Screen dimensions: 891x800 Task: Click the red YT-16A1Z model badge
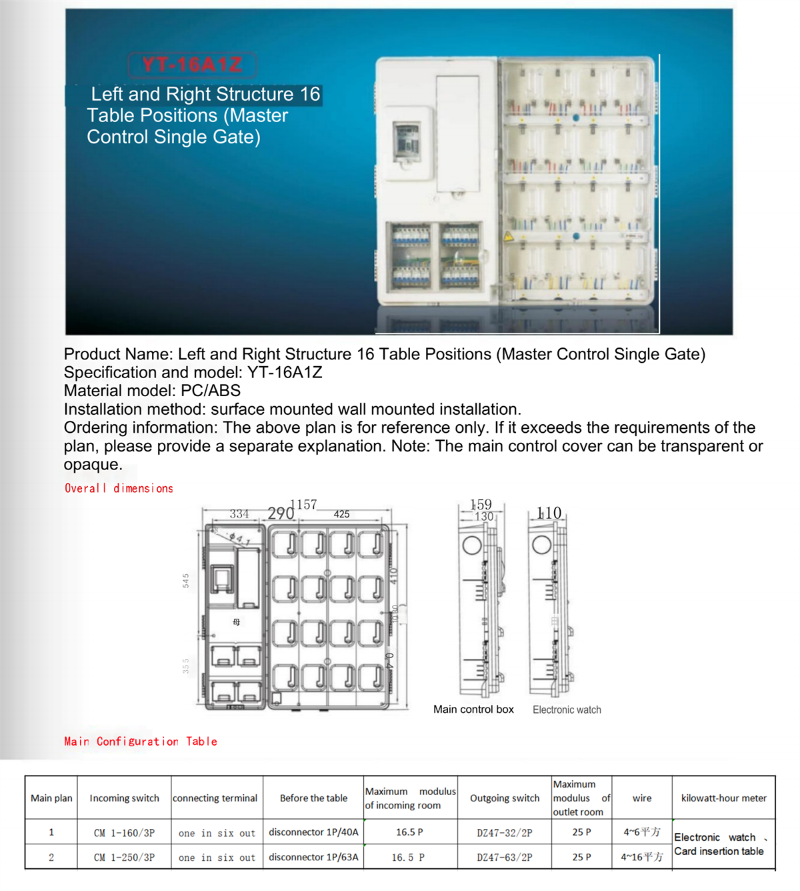coord(192,65)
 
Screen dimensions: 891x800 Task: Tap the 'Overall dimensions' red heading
coord(119,488)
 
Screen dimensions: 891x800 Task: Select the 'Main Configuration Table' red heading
coord(141,741)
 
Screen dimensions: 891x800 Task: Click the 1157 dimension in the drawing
coord(303,504)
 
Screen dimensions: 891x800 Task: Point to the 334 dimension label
coord(239,514)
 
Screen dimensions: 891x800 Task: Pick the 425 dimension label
coord(341,514)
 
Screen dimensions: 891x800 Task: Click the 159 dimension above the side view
coord(481,504)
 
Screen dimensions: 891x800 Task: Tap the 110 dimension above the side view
coord(549,513)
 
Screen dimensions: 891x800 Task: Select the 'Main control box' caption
coord(473,709)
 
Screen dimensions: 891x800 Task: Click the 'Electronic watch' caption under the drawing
coord(567,710)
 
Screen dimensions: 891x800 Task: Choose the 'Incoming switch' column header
coord(125,798)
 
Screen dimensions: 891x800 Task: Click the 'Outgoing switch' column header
coord(505,798)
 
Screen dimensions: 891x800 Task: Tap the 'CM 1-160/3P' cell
coord(125,832)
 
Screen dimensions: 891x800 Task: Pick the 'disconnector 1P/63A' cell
coord(313,857)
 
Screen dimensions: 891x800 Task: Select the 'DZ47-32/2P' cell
coord(505,832)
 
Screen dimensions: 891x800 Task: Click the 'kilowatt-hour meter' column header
coord(723,798)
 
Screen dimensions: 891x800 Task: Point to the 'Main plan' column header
coord(51,798)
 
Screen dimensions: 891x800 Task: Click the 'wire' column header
coord(642,798)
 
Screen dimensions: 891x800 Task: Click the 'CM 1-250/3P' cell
coord(125,857)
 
